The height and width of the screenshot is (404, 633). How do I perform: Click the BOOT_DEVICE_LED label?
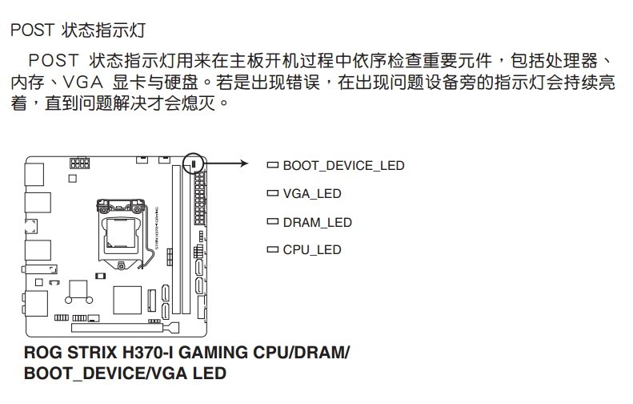343,166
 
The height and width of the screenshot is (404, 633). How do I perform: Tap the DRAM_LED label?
317,222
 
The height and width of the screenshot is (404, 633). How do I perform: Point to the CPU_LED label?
311,250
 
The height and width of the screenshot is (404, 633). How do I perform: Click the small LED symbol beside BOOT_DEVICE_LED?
272,166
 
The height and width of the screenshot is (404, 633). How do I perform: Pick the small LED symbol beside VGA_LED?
272,194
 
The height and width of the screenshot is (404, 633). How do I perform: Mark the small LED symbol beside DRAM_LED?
272,222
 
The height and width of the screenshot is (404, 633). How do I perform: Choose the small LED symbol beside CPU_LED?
272,250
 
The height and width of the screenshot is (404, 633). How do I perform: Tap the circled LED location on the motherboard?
193,164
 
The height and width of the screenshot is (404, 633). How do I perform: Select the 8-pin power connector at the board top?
79,164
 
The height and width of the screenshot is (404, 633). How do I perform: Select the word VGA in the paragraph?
82,83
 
